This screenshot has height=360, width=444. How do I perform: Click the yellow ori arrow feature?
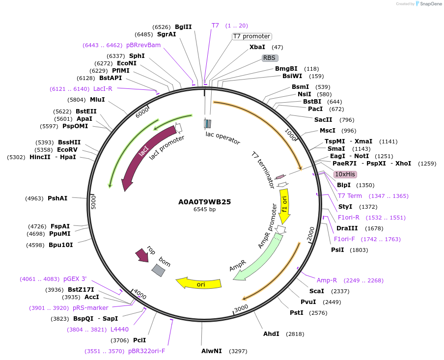[199, 283]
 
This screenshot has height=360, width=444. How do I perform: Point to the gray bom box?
[158, 270]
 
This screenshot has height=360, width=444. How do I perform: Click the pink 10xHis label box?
[345, 174]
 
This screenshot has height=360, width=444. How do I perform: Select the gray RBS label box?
[269, 58]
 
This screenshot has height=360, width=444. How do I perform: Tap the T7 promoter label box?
[251, 36]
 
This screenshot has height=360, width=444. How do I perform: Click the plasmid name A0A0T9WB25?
[204, 201]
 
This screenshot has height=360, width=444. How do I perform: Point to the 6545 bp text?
[204, 209]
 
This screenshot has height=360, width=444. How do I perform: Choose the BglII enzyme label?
[183, 27]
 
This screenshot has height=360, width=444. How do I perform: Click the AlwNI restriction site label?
[212, 351]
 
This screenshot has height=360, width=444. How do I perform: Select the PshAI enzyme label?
[57, 198]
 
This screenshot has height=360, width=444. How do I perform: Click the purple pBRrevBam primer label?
[143, 45]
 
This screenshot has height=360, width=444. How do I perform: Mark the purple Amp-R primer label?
[327, 280]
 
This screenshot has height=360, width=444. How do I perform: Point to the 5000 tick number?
[94, 202]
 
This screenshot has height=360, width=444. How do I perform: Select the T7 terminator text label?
[263, 170]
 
